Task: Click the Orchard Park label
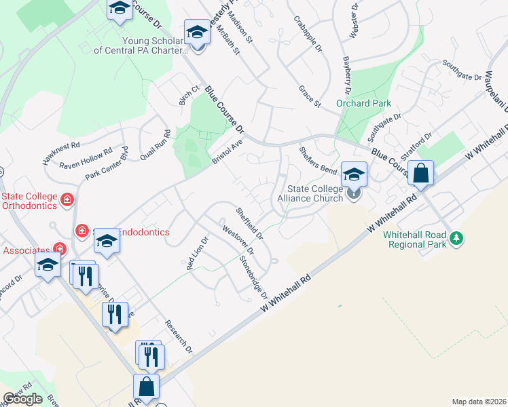click(x=363, y=103)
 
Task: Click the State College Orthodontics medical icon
click(x=67, y=199)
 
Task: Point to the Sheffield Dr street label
click(x=249, y=222)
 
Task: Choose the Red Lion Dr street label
click(x=196, y=255)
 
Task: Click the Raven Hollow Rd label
click(x=86, y=159)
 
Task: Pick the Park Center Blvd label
click(x=107, y=163)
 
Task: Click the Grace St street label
click(x=310, y=96)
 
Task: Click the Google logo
click(x=22, y=399)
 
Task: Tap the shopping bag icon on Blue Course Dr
click(x=421, y=174)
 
